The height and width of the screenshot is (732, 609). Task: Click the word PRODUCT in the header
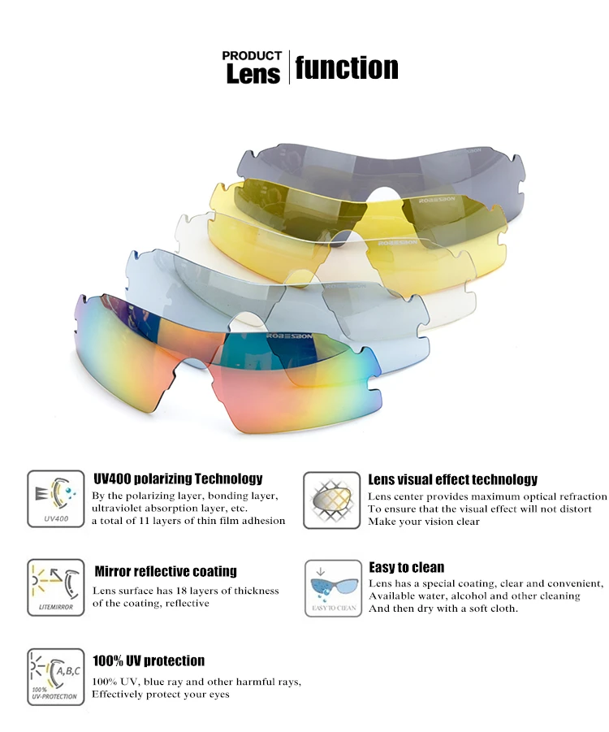[x=252, y=56]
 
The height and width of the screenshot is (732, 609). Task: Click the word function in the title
[x=347, y=67]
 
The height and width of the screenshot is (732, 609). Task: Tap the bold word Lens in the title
[x=253, y=75]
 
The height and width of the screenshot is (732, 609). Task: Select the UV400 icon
[x=55, y=500]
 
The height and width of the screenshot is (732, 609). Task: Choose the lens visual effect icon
[x=331, y=500]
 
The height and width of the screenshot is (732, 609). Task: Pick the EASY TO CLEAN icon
[x=331, y=587]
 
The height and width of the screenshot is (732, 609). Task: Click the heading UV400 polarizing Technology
[x=178, y=479]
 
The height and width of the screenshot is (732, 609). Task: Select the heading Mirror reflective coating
[x=166, y=571]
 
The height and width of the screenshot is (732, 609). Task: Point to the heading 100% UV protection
[x=148, y=661]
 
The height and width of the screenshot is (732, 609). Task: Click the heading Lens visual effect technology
[x=452, y=479]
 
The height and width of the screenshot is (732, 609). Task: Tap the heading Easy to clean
[x=406, y=567]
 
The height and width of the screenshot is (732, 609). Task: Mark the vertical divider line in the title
[x=289, y=67]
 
